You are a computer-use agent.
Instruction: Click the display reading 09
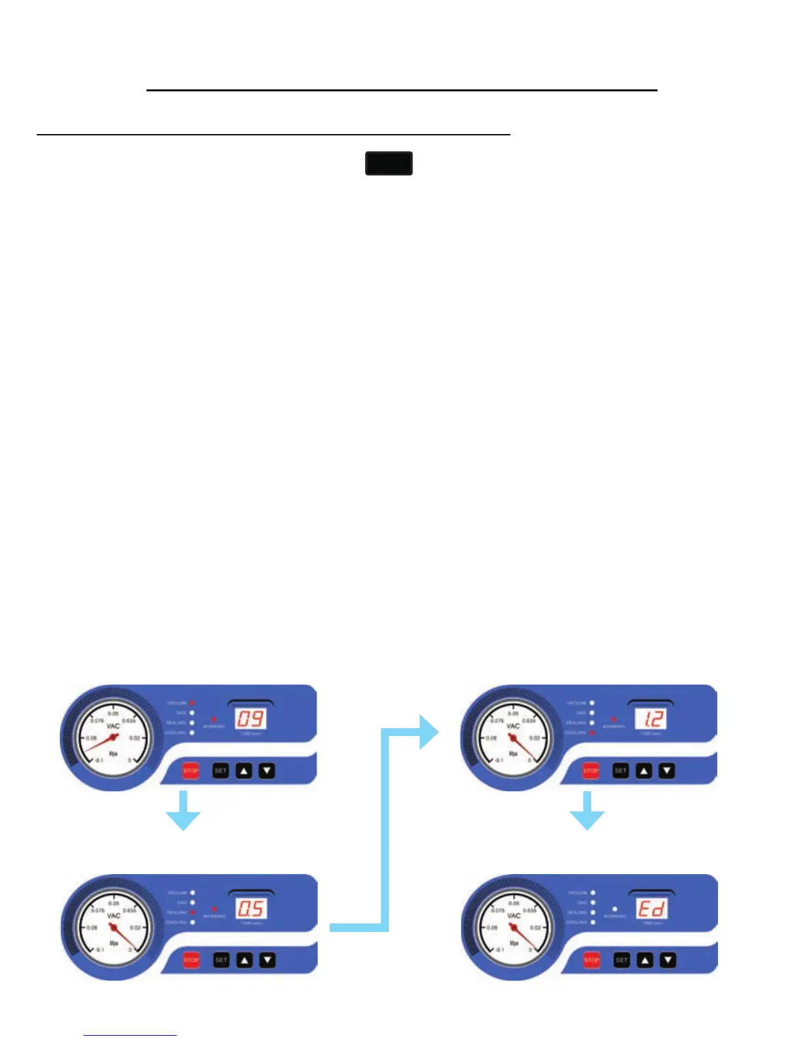click(250, 718)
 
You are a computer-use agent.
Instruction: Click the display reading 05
click(250, 908)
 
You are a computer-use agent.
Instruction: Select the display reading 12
click(650, 718)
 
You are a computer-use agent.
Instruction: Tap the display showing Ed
click(651, 908)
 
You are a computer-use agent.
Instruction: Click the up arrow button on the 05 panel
click(244, 960)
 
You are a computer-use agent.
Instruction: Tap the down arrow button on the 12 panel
click(667, 770)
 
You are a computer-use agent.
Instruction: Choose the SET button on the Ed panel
click(621, 960)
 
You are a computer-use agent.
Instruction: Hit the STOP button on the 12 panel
click(591, 770)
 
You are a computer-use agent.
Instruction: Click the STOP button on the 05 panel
click(191, 960)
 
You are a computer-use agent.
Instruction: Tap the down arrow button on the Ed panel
click(667, 960)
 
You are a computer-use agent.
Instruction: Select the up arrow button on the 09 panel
click(244, 770)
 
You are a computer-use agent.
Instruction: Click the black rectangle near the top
click(389, 163)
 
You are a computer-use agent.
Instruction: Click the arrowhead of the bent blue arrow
click(428, 731)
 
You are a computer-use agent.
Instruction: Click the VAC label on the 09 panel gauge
click(113, 726)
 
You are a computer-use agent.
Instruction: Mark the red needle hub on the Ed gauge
click(514, 929)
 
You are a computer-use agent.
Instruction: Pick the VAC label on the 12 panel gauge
click(513, 726)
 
